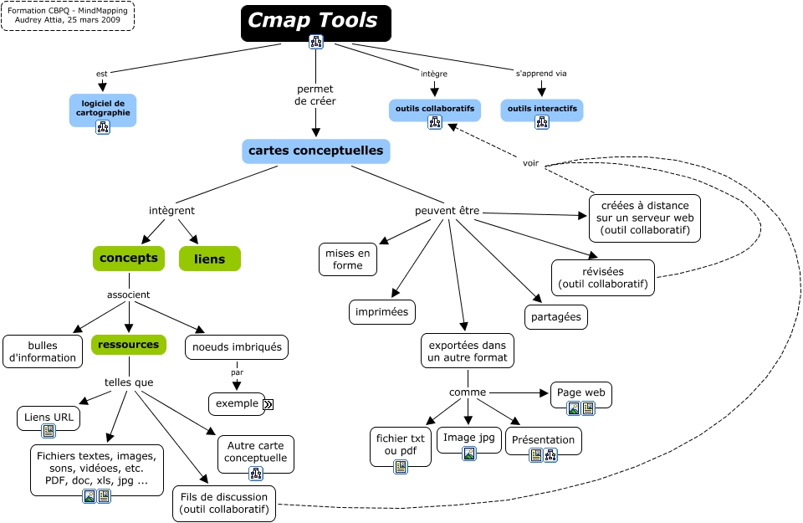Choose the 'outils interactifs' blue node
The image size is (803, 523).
[541, 110]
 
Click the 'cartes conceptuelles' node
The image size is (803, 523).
[316, 151]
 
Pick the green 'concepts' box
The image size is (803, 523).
[128, 259]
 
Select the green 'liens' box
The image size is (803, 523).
[209, 259]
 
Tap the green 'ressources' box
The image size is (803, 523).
[128, 344]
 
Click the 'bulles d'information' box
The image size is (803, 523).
[42, 351]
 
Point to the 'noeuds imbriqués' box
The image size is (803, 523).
[237, 347]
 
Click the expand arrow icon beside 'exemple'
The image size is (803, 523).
[269, 404]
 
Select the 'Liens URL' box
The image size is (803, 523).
[49, 418]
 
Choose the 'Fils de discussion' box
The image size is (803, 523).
[224, 502]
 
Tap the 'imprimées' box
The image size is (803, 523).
[381, 312]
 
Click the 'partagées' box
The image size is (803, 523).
[556, 317]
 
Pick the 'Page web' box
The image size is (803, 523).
[581, 392]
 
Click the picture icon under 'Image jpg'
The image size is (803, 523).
[469, 454]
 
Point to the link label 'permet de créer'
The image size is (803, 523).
[315, 95]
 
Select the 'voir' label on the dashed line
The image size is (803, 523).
[530, 163]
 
